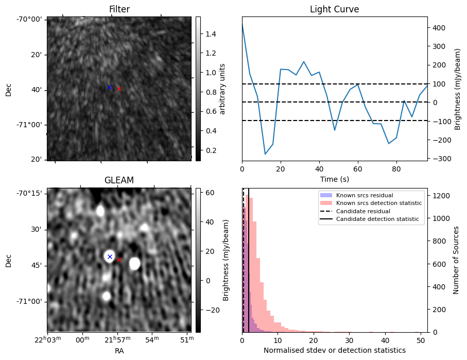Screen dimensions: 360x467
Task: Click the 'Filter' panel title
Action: pyautogui.click(x=119, y=9)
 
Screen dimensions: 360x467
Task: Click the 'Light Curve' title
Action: pyautogui.click(x=334, y=9)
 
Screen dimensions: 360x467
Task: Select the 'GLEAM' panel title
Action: pyautogui.click(x=119, y=180)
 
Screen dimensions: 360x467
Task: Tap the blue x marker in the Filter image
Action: pyautogui.click(x=109, y=87)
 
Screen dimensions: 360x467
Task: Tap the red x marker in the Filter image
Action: pyautogui.click(x=119, y=89)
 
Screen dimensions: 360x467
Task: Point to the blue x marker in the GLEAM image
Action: pyautogui.click(x=109, y=256)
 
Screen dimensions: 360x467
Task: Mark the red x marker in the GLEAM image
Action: pyautogui.click(x=119, y=260)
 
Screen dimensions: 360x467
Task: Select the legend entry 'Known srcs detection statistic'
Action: pyautogui.click(x=378, y=203)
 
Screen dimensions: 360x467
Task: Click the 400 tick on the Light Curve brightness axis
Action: pyautogui.click(x=438, y=28)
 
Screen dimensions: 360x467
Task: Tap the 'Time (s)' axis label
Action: pyautogui.click(x=334, y=178)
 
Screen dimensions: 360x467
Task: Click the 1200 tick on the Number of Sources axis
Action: pyautogui.click(x=439, y=196)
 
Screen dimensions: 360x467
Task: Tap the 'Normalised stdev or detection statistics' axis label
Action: pyautogui.click(x=334, y=350)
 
